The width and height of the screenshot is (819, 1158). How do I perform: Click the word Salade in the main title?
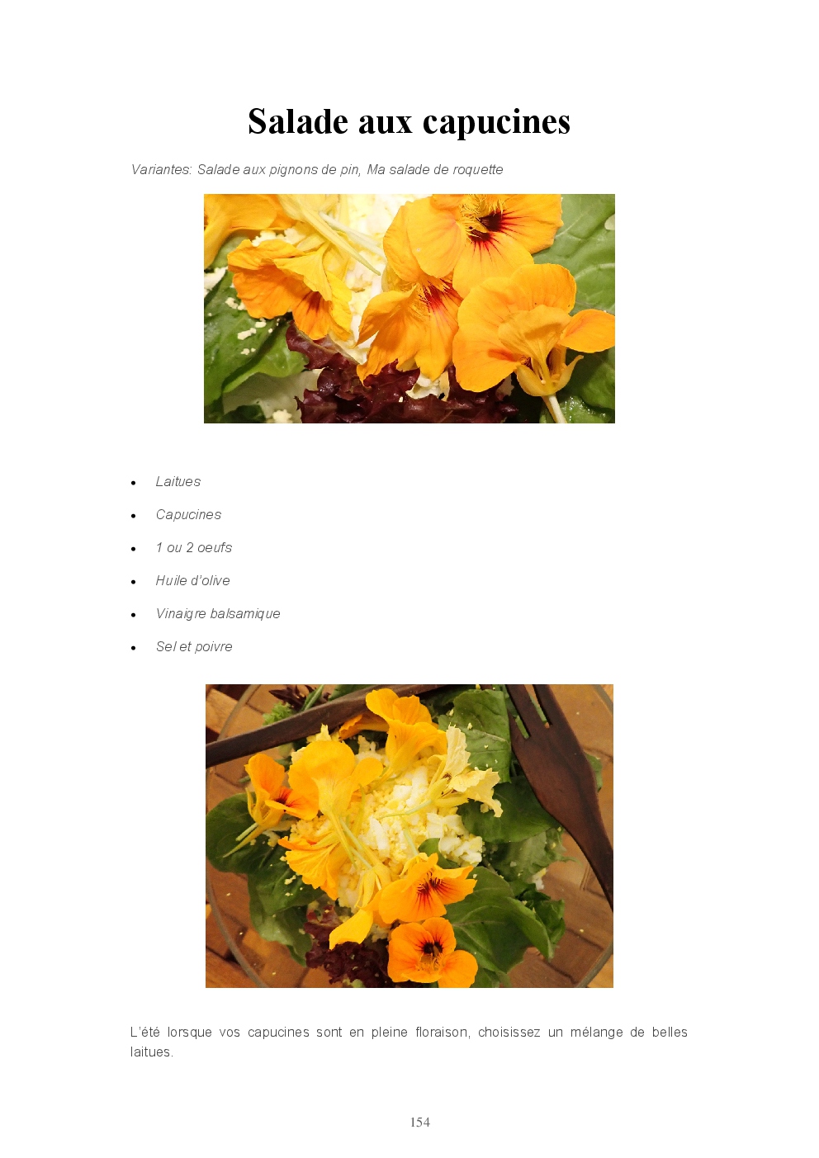pyautogui.click(x=298, y=121)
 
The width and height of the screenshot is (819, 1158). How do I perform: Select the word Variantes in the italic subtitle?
pyautogui.click(x=161, y=169)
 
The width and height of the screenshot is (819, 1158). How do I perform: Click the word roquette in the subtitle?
pyautogui.click(x=477, y=169)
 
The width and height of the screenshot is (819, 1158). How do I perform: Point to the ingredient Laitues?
pyautogui.click(x=178, y=482)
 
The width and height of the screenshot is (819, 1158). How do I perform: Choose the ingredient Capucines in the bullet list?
pyautogui.click(x=188, y=515)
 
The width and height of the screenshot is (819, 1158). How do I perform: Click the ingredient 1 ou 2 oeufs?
pyautogui.click(x=194, y=547)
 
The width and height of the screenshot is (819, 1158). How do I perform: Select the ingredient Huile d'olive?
pyautogui.click(x=193, y=580)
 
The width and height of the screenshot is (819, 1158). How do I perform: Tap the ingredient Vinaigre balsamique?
pyautogui.click(x=218, y=613)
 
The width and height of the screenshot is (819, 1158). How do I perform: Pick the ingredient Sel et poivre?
pyautogui.click(x=194, y=647)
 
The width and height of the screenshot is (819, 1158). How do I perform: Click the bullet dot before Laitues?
pyautogui.click(x=134, y=483)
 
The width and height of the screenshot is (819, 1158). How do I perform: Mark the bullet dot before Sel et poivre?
pyautogui.click(x=134, y=648)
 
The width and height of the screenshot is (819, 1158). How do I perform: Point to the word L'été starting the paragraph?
pyautogui.click(x=143, y=1033)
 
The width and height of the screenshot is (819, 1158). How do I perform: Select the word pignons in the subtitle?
pyautogui.click(x=289, y=170)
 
